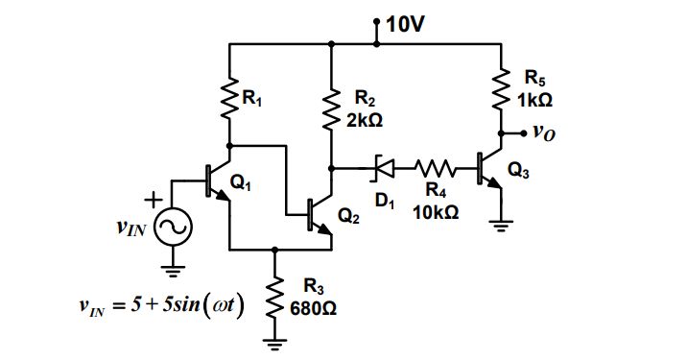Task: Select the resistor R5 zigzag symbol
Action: coord(500,90)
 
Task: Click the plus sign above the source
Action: coord(151,198)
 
